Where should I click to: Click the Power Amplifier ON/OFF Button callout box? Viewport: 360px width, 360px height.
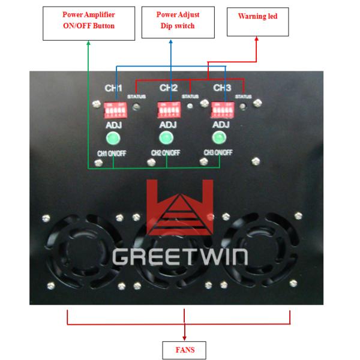[89, 20]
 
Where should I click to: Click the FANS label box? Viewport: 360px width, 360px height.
[185, 349]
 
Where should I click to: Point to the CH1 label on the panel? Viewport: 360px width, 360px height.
[114, 88]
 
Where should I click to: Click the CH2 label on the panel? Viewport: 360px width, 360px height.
[169, 88]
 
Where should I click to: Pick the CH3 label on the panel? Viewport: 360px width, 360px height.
[222, 88]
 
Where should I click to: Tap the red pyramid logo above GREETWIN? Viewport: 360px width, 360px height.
[180, 210]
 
